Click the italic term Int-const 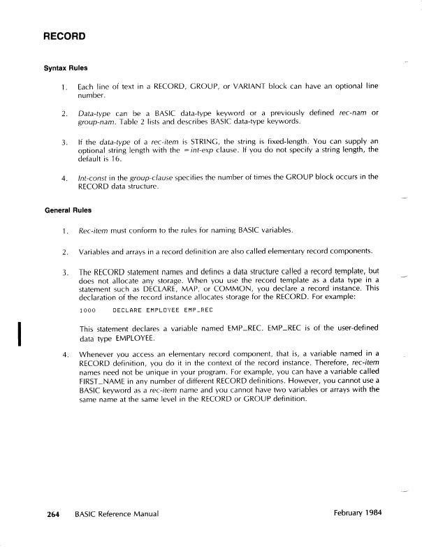(x=94, y=178)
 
